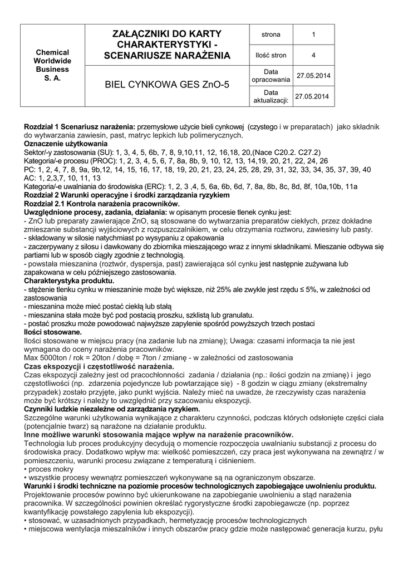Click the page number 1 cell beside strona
click(x=313, y=35)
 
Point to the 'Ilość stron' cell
click(x=271, y=55)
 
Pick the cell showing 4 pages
click(x=313, y=55)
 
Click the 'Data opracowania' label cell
click(x=271, y=76)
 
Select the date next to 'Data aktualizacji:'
click(x=313, y=96)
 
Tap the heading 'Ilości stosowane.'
click(x=53, y=332)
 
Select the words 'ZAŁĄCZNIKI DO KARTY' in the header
click(x=166, y=34)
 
